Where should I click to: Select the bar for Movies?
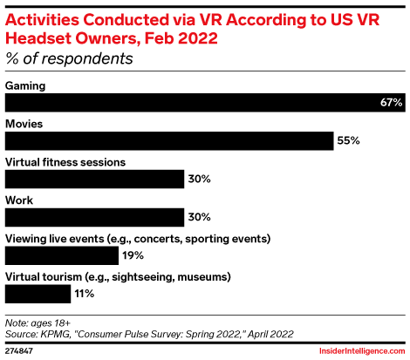click(x=169, y=141)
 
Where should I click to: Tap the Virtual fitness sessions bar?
click(x=94, y=179)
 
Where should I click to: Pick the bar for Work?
click(x=94, y=217)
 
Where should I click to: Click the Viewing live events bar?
click(x=62, y=255)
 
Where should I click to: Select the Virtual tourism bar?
click(x=38, y=294)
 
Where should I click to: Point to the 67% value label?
click(x=391, y=103)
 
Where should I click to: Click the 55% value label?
click(x=349, y=141)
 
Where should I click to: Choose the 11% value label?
click(x=84, y=294)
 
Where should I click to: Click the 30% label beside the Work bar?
click(x=198, y=217)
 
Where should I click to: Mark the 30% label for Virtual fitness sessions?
click(x=198, y=179)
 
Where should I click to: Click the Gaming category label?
click(x=25, y=85)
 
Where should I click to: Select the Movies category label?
click(x=24, y=124)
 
